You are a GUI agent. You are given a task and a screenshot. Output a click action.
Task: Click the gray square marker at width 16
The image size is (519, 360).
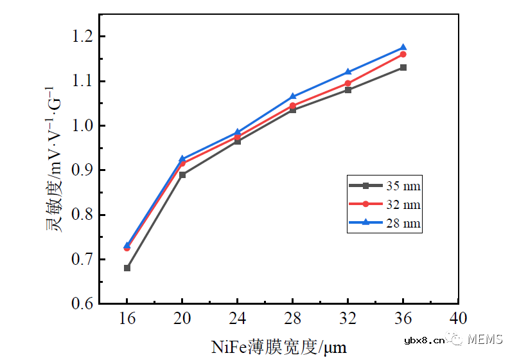(127, 268)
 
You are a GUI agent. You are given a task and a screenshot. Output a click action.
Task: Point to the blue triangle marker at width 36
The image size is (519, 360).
(403, 48)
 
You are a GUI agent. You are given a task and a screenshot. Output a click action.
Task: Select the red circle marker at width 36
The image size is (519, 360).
(403, 54)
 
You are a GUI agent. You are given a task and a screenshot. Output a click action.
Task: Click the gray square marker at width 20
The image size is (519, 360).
(182, 175)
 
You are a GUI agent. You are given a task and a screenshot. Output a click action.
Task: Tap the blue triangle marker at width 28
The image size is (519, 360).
(293, 96)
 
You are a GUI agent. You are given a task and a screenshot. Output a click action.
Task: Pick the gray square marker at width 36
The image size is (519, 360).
(403, 67)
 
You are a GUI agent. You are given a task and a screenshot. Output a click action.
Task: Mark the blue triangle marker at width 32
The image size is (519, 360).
(348, 72)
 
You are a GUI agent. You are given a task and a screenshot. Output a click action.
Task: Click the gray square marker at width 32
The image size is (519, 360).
(348, 90)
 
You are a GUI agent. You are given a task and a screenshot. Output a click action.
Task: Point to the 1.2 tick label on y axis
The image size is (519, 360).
(82, 37)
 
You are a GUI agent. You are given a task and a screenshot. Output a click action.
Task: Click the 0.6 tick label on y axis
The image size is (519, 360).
(82, 303)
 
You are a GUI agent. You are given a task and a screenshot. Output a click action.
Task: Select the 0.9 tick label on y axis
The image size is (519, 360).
(82, 170)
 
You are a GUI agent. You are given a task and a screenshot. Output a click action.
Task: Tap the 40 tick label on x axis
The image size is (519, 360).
(458, 319)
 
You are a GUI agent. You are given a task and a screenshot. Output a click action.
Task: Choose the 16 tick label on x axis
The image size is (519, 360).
(127, 319)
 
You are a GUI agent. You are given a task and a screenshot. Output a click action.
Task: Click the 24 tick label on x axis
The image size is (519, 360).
(238, 319)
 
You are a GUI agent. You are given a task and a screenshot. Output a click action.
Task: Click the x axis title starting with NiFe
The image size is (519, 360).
(279, 347)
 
